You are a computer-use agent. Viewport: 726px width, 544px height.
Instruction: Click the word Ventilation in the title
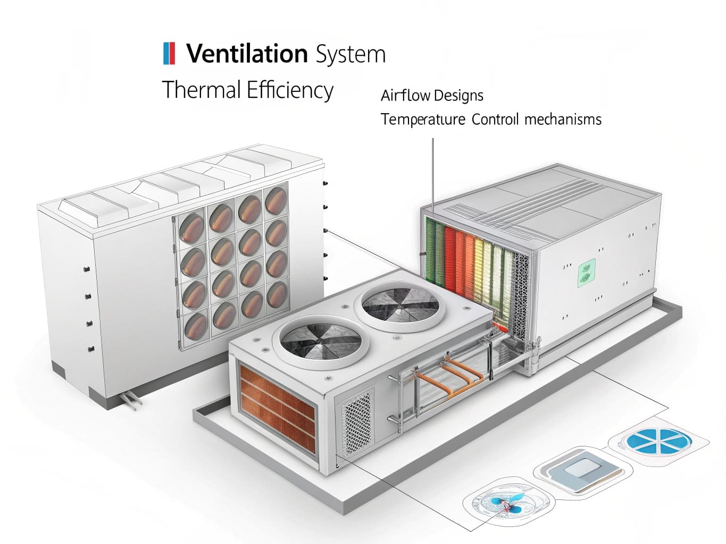pos(247,54)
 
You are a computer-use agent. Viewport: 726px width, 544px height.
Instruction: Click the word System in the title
pos(350,55)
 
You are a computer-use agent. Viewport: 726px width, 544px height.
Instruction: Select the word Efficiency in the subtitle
pos(290,90)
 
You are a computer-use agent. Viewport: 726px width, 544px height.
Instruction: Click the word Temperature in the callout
pos(423,119)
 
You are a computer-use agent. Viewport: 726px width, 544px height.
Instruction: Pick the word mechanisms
pos(563,119)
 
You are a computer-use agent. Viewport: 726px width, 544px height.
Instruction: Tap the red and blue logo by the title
pos(169,54)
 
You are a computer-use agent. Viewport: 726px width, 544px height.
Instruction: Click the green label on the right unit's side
pos(586,273)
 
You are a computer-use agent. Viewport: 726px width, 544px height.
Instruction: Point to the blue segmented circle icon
pos(658,440)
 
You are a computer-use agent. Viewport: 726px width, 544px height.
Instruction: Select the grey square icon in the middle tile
pos(581,469)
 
